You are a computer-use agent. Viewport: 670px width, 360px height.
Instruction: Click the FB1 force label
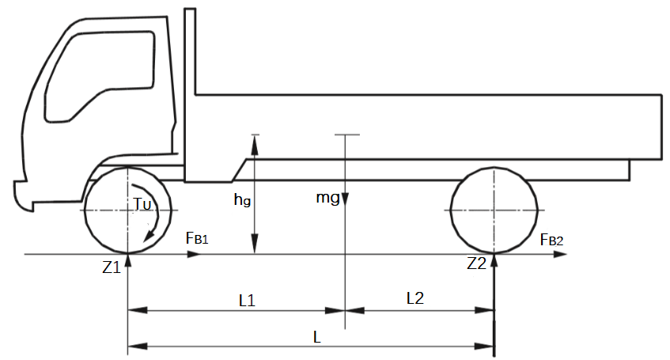197,238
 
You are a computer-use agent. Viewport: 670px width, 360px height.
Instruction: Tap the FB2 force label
551,240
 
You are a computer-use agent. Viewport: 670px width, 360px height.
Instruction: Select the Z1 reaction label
111,267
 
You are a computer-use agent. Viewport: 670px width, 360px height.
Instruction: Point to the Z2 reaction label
476,263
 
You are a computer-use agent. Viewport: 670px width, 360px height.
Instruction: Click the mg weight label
327,198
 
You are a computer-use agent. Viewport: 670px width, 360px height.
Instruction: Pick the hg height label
242,199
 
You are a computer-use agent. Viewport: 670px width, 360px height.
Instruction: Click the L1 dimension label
247,301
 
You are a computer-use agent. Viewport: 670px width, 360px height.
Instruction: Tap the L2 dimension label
415,298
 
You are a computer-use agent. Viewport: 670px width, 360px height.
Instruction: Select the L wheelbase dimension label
316,337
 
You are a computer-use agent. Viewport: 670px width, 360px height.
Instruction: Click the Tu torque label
142,204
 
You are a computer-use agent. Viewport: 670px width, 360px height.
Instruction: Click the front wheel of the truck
128,210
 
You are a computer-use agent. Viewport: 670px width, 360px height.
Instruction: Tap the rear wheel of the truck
494,210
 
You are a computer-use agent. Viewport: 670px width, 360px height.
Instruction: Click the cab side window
99,77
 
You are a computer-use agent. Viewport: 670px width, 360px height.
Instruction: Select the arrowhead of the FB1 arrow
194,254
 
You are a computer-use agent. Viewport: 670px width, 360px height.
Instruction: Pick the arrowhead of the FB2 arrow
560,255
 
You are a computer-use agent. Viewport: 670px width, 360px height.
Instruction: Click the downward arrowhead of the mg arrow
345,200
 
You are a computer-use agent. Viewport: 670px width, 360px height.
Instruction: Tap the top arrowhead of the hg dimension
255,144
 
